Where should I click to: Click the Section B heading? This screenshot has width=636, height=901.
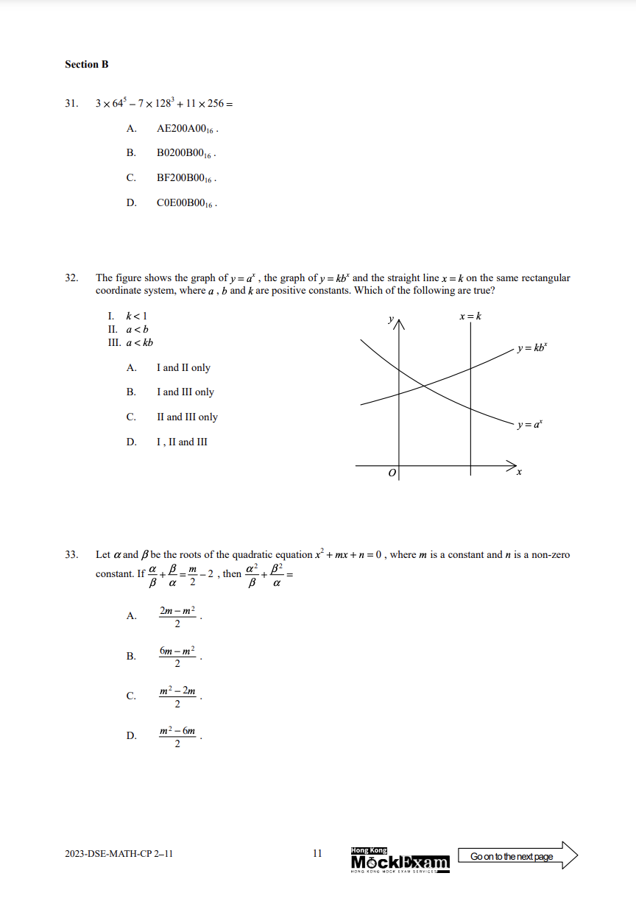point(87,65)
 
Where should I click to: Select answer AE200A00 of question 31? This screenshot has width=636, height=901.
point(187,129)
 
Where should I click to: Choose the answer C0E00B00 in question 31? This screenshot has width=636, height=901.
point(186,203)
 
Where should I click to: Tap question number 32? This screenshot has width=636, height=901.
point(71,278)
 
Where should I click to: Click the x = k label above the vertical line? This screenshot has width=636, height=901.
point(470,317)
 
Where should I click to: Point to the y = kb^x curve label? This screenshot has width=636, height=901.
point(531,347)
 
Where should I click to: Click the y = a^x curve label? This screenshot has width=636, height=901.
point(530,425)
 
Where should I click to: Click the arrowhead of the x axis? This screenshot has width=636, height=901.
point(512,465)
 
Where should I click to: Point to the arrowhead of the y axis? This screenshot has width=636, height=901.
point(399,322)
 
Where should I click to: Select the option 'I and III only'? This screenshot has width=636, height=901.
point(185,392)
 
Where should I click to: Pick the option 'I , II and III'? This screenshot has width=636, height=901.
point(182,442)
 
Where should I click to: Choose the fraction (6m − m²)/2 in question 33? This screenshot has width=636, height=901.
point(177,657)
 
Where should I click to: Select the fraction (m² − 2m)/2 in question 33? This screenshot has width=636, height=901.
point(177,696)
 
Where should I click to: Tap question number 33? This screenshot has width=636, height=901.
point(71,555)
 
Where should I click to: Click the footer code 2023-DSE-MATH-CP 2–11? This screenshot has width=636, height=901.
point(119,854)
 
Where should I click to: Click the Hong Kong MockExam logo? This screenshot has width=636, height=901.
point(400,860)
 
